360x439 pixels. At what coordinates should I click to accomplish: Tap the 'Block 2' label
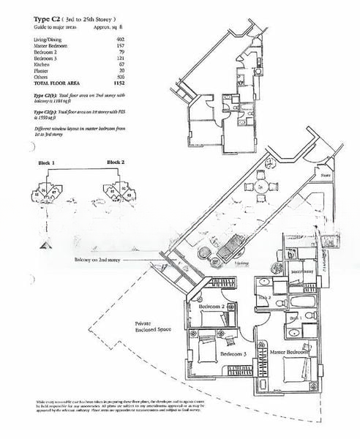(116, 162)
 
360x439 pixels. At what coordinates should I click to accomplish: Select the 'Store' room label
(325, 176)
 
